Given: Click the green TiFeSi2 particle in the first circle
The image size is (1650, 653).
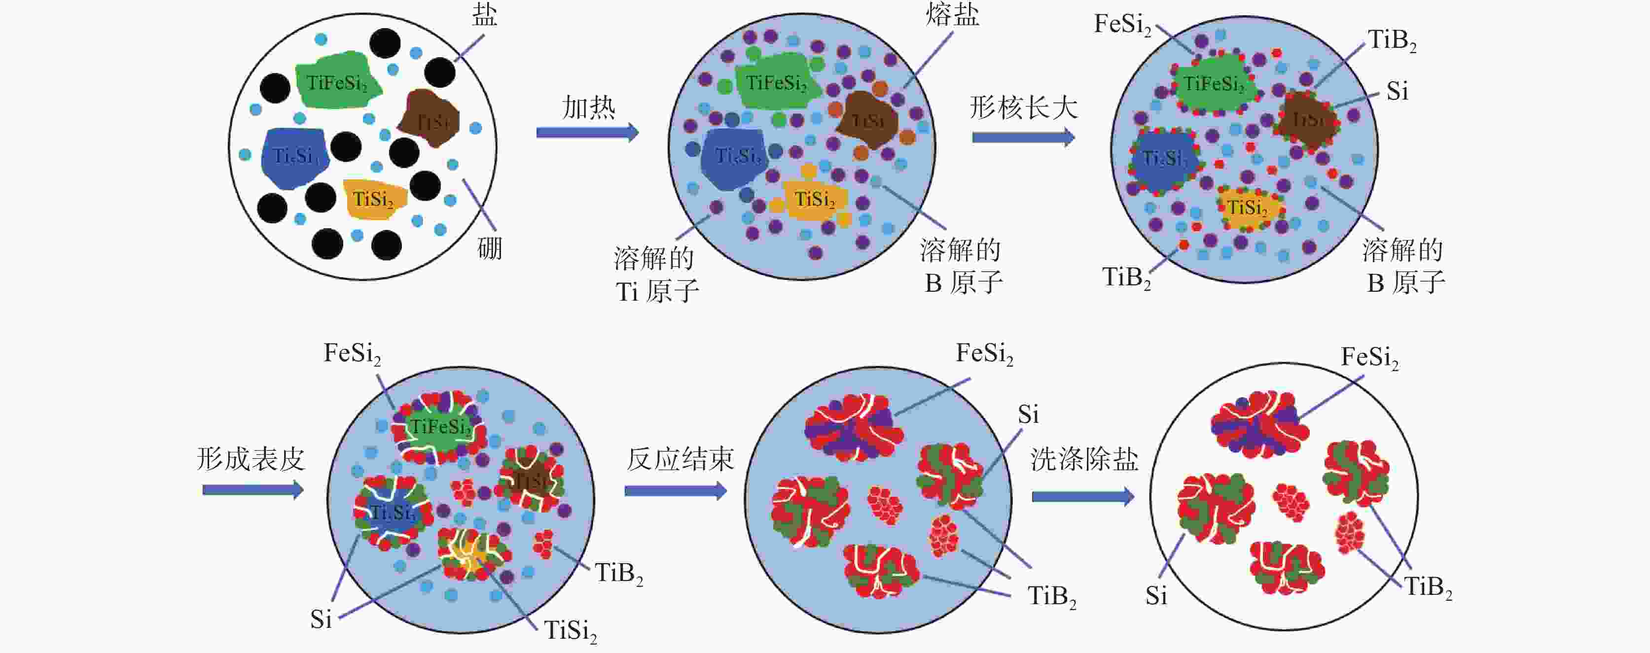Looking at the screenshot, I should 336,82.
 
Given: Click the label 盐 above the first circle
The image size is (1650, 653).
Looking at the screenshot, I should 485,15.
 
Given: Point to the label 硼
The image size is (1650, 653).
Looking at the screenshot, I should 490,248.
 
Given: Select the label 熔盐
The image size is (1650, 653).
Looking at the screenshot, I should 952,15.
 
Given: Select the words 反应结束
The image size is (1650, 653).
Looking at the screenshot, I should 680,459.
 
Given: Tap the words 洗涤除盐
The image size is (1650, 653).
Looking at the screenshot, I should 1084,459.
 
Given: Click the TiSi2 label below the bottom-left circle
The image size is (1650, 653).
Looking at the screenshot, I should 571,631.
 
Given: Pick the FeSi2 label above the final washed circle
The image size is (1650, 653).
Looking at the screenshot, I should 1369,357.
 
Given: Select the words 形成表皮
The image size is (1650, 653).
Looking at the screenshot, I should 251,459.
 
